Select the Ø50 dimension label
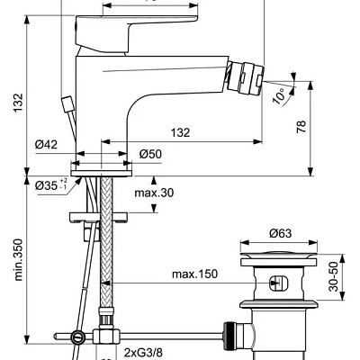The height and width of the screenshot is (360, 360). [151, 154]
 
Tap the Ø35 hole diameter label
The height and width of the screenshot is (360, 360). [52, 186]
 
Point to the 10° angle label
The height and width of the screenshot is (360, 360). [281, 94]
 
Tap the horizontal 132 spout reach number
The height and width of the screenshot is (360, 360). [180, 132]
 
